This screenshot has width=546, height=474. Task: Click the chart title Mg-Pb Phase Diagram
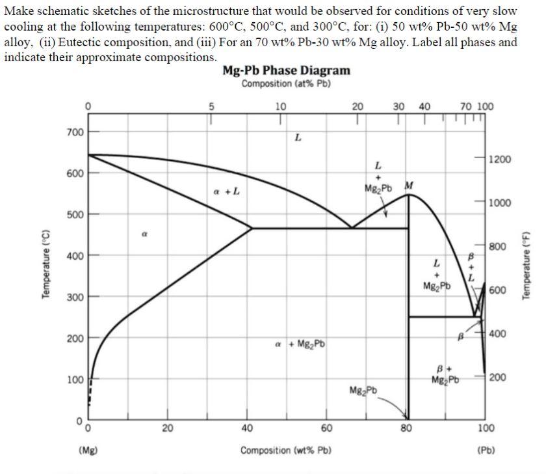[286, 70]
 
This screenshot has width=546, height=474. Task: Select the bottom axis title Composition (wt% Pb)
[285, 451]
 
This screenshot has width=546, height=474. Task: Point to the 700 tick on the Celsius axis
[75, 132]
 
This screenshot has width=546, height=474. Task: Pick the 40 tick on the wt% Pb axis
[247, 428]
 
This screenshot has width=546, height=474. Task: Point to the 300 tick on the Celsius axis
[75, 297]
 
